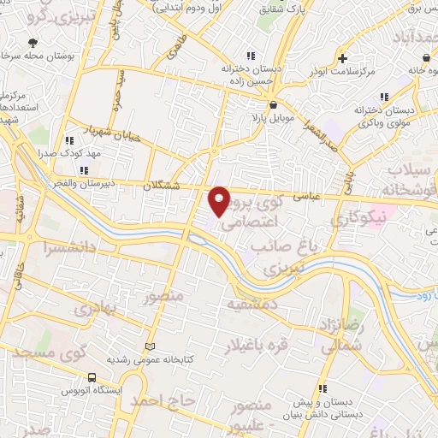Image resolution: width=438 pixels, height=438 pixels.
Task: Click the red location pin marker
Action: (x=220, y=200)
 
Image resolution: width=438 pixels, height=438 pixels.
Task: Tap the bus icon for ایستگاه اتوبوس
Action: (x=92, y=376)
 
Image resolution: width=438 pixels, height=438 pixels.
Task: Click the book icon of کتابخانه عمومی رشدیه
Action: (x=151, y=346)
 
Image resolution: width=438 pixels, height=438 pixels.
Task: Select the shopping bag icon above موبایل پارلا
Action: (x=273, y=104)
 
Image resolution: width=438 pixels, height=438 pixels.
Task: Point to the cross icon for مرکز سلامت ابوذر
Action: (x=342, y=59)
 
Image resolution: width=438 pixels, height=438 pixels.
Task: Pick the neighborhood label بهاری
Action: (x=92, y=309)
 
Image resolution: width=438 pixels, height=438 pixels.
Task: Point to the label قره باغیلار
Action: (x=254, y=345)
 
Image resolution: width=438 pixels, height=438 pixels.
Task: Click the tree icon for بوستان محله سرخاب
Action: (x=33, y=42)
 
